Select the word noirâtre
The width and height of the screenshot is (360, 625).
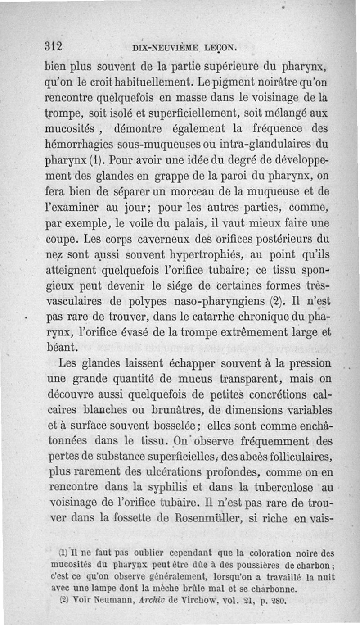click(x=260, y=84)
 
